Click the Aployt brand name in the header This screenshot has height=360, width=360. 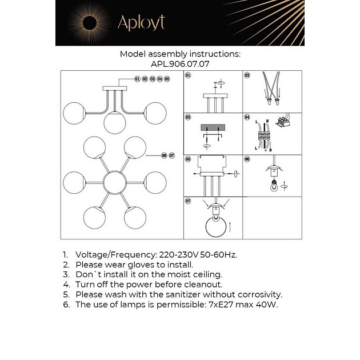(x=141, y=22)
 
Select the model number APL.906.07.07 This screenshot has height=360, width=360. (x=180, y=64)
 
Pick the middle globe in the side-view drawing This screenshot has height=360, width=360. (x=115, y=121)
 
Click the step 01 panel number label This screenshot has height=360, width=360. (x=188, y=75)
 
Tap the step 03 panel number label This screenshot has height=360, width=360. (x=188, y=117)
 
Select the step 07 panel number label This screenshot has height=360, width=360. (x=188, y=201)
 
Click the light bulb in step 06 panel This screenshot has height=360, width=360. (x=274, y=185)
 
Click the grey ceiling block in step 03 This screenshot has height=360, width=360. (x=213, y=128)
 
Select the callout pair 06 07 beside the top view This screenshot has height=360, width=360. (x=167, y=155)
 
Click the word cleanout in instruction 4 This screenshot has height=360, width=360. (x=201, y=284)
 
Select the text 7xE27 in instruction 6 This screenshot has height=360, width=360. (x=215, y=305)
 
